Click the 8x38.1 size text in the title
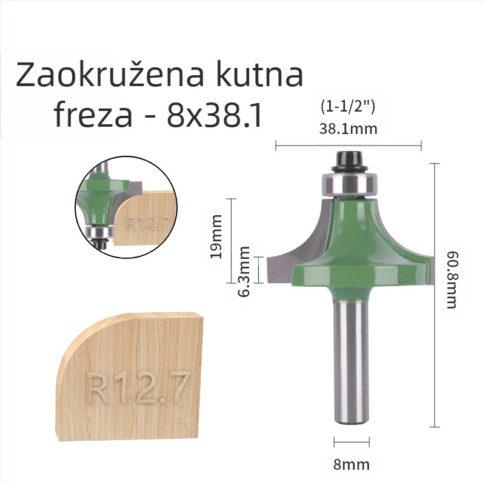point(215,115)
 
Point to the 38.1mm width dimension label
point(348,129)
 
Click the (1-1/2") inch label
point(348,107)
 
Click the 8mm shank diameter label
point(351,465)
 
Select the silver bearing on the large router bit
point(348,182)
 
